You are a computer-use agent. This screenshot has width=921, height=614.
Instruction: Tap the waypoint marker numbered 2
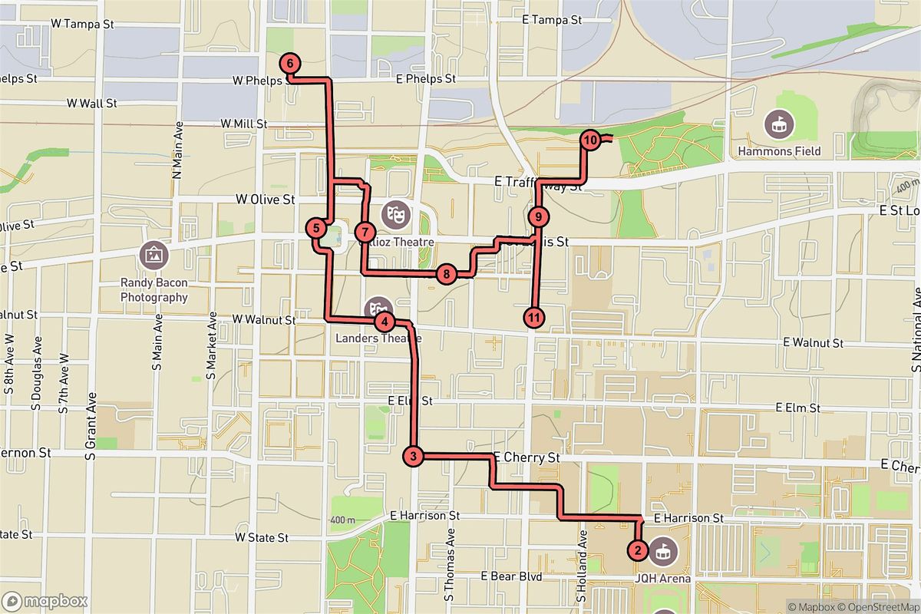[637, 550]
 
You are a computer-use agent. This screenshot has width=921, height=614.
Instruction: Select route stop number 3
[413, 457]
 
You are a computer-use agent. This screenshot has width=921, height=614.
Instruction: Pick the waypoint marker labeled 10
[590, 140]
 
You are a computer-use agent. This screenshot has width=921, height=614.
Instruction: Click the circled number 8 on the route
[445, 273]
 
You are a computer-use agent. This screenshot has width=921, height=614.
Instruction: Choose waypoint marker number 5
[315, 228]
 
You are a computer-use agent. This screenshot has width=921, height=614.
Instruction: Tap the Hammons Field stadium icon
[779, 123]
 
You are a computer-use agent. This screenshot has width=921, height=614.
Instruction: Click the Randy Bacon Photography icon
[153, 253]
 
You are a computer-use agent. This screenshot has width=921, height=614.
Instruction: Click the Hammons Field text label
[779, 151]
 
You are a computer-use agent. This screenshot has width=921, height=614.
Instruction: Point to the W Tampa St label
[82, 24]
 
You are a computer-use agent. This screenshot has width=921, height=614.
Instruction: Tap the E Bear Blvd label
[511, 576]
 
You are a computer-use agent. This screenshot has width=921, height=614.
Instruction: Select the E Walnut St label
[814, 343]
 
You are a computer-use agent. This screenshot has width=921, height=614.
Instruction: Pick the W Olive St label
[265, 199]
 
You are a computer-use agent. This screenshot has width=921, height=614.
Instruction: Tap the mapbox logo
[45, 601]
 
